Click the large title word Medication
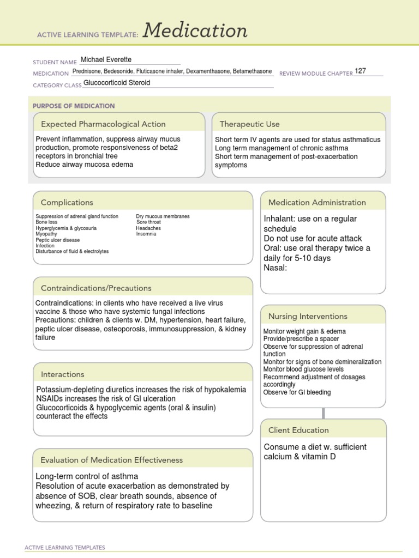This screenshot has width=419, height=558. tap(195, 31)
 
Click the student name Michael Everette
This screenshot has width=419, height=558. tap(106, 59)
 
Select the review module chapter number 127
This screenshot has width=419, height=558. tap(361, 71)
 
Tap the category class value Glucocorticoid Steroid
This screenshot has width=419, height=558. tap(117, 83)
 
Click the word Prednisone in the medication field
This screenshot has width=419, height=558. tap(86, 72)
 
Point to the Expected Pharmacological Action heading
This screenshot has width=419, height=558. tap(103, 124)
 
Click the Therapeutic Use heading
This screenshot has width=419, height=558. tap(249, 124)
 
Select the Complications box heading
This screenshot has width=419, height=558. tap(67, 202)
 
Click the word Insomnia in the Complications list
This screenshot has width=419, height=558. tap(146, 234)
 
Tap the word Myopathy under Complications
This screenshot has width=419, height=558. tap(46, 234)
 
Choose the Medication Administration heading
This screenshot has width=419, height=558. tap(317, 202)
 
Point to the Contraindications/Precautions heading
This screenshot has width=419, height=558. tap(96, 288)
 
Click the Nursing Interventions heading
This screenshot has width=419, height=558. tap(308, 316)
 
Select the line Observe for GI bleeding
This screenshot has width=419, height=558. tap(297, 392)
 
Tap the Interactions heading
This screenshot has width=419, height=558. tap(62, 374)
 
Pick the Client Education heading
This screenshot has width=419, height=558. tap(298, 430)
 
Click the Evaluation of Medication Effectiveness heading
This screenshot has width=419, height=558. tap(112, 460)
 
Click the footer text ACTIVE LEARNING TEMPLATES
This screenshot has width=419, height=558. tap(65, 547)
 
